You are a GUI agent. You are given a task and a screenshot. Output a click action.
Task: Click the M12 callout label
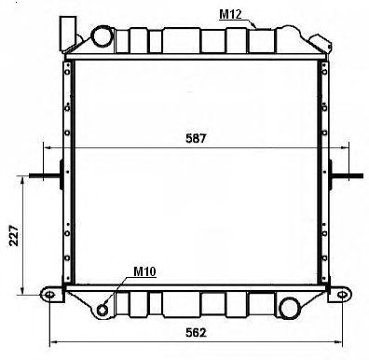tap(230, 14)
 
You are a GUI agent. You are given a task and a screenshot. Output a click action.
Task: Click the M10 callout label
tap(144, 271)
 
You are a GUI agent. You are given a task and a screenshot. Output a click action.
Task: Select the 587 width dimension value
tap(196, 138)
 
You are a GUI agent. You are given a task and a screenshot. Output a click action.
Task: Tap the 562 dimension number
tap(196, 333)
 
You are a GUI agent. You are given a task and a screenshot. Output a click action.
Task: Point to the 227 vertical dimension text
tap(14, 235)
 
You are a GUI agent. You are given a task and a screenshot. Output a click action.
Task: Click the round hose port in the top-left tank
tap(102, 36)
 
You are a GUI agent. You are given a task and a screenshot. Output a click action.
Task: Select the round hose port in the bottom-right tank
tap(289, 308)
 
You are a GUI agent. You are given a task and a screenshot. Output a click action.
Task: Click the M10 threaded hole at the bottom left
tap(102, 310)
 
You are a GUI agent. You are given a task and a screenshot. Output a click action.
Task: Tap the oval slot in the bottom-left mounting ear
tap(49, 295)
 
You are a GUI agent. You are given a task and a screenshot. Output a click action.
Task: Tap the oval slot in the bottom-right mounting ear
tap(342, 295)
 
